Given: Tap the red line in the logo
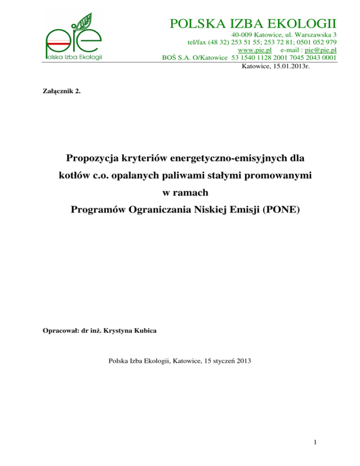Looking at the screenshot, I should coord(63,42).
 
